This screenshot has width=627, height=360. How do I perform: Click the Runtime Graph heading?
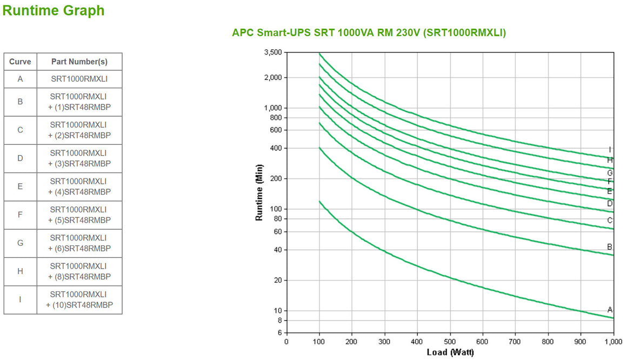click(x=54, y=10)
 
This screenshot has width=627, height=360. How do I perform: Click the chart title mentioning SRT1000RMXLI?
click(x=369, y=33)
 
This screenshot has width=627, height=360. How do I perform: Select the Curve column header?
click(x=20, y=62)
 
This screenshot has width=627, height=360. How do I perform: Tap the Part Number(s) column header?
click(x=79, y=62)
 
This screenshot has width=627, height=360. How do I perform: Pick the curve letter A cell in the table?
click(x=20, y=79)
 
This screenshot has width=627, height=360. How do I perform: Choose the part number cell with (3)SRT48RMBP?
click(x=79, y=158)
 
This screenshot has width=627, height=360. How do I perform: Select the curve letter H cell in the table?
click(x=20, y=271)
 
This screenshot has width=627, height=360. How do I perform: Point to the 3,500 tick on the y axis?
click(x=273, y=52)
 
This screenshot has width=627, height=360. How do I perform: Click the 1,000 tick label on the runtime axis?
click(x=273, y=108)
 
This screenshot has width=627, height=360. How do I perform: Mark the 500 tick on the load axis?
click(x=450, y=342)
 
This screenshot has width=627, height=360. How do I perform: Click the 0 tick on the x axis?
click(x=286, y=342)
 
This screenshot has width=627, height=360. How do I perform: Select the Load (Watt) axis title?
click(x=450, y=352)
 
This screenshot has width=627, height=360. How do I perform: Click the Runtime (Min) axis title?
click(x=259, y=192)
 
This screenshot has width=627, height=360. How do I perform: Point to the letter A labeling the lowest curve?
click(x=610, y=310)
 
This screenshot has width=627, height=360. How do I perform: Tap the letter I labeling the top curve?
click(x=610, y=150)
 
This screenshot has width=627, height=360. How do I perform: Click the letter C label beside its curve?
click(x=610, y=220)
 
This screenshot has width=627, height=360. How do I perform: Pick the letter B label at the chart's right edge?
click(x=610, y=247)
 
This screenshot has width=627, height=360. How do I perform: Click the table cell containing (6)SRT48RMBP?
click(x=79, y=243)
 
